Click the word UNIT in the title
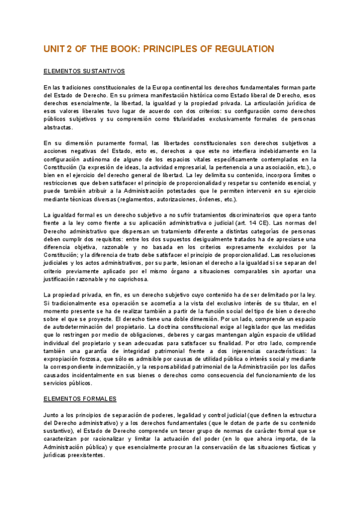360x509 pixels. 56,49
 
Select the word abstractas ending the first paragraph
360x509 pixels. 58,127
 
